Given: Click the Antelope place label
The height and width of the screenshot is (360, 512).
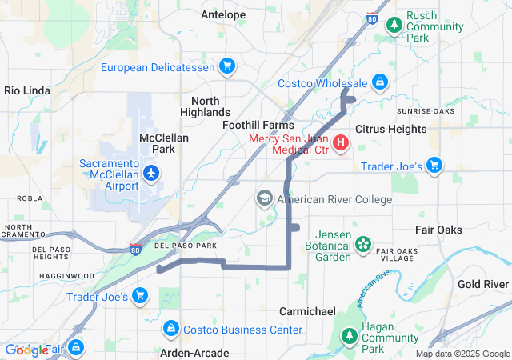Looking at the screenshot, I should (x=223, y=14).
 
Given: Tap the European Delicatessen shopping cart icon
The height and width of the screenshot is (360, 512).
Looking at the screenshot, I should (x=227, y=66).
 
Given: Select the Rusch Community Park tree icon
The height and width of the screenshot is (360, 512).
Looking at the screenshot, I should (x=394, y=25).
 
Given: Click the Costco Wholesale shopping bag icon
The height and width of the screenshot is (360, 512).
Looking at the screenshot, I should (x=380, y=82).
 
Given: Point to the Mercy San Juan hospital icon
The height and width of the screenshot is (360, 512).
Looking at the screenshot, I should (x=341, y=143).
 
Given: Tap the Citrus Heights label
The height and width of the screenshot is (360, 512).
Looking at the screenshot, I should (x=390, y=129).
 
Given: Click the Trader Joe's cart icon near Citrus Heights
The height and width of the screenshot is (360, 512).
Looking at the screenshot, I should (x=434, y=166).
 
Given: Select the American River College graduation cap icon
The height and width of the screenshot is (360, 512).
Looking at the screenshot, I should (x=264, y=198).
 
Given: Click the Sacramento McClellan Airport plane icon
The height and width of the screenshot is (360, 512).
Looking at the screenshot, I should (x=150, y=172).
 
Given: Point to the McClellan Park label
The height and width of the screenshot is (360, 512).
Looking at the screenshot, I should (x=163, y=143).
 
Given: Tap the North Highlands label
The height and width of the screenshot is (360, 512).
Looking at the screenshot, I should (x=210, y=106).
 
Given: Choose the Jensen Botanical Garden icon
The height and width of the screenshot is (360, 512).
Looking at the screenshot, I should (x=364, y=243).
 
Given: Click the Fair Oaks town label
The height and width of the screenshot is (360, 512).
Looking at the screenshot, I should (x=438, y=230).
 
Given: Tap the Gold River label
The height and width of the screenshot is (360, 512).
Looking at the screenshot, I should (x=483, y=284).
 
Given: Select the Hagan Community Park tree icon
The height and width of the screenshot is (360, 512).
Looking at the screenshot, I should (x=349, y=337).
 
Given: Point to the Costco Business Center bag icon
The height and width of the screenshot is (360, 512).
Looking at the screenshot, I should (x=170, y=329).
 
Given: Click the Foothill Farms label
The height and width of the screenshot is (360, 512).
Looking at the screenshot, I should (x=258, y=125).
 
